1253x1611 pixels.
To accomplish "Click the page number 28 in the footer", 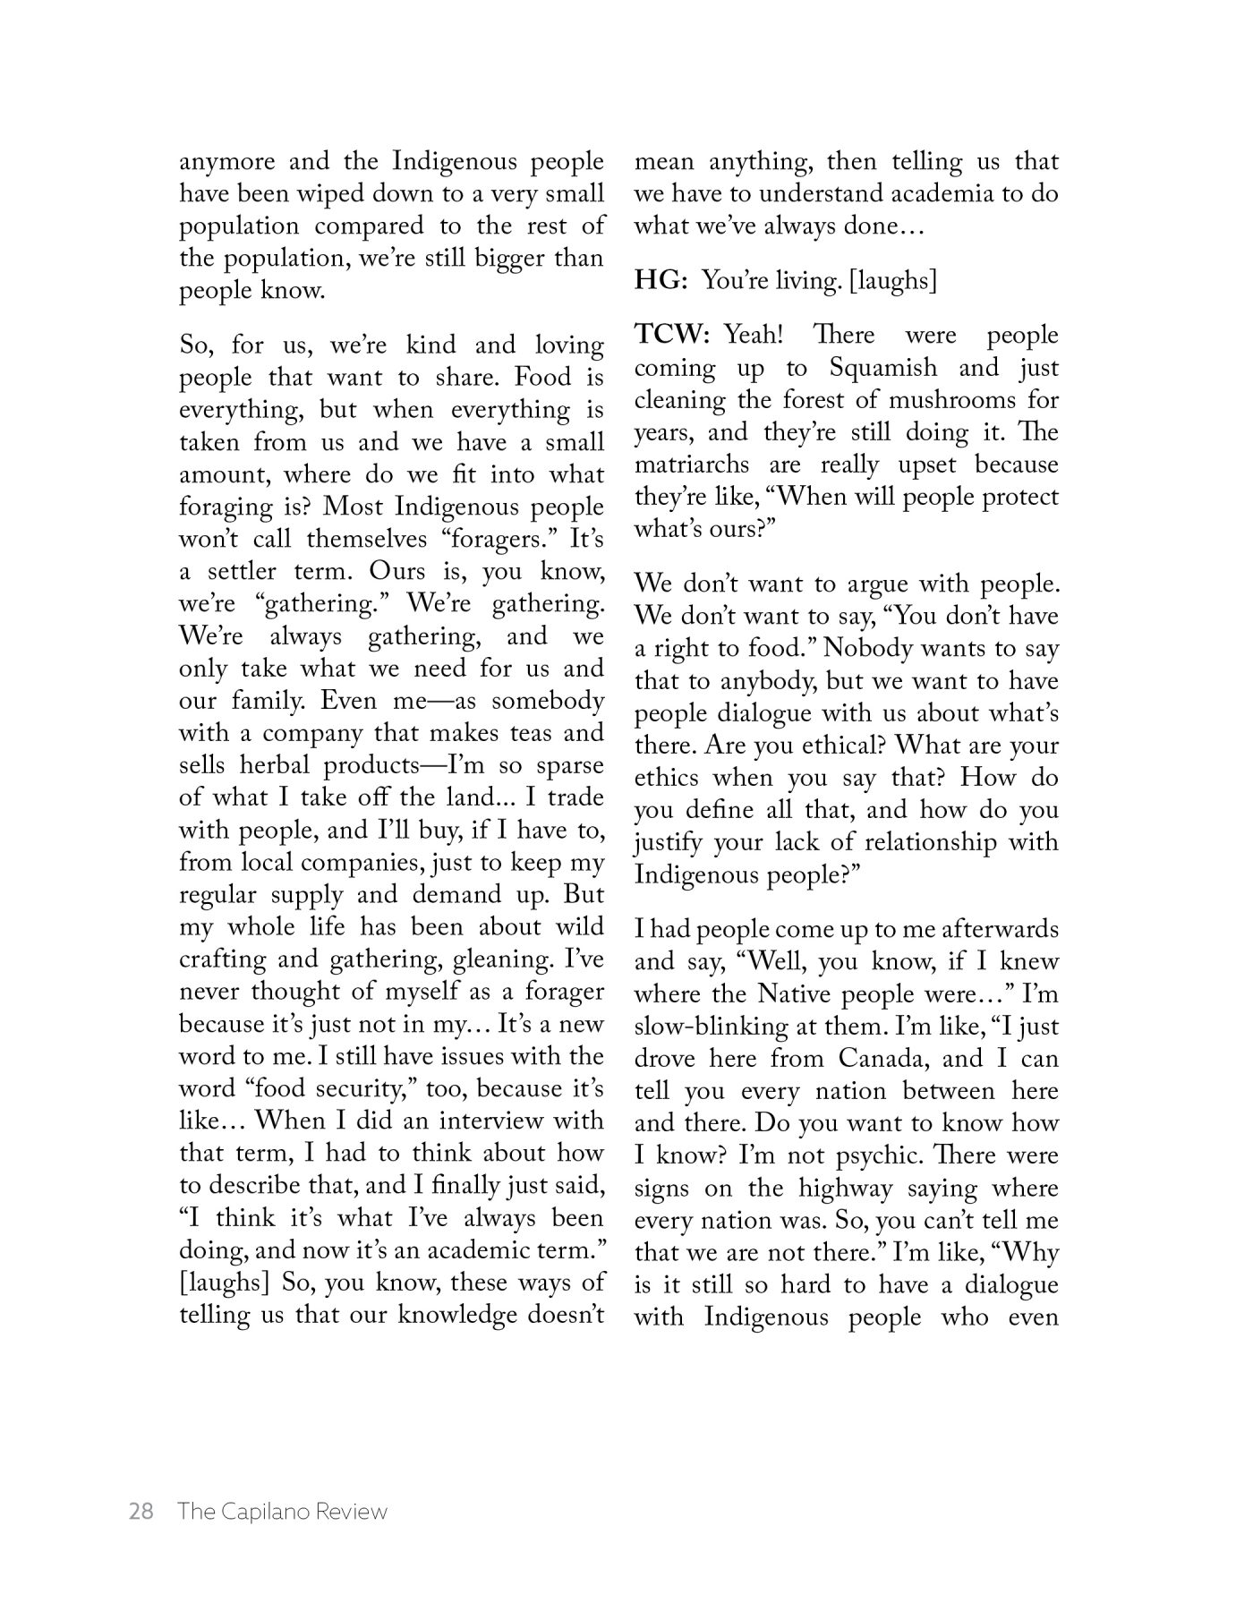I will pyautogui.click(x=141, y=1512).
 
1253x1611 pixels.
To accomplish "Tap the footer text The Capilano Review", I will pyautogui.click(x=282, y=1512).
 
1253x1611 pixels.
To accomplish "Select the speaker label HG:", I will pyautogui.click(x=661, y=280).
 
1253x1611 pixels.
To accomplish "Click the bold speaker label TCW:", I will pyautogui.click(x=672, y=335).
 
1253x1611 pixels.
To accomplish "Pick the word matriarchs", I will pyautogui.click(x=691, y=465).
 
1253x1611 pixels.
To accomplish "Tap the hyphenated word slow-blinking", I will pyautogui.click(x=713, y=1027).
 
